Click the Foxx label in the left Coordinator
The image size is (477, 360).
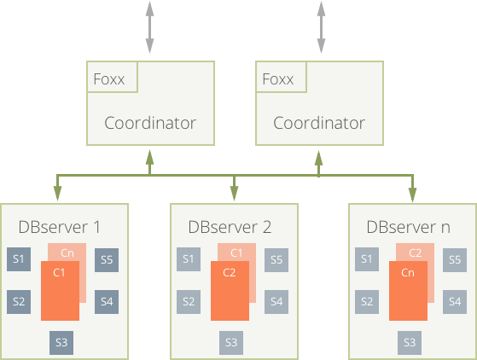click(109, 79)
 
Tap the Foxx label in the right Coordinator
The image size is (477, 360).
click(277, 79)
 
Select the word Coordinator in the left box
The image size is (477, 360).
click(150, 123)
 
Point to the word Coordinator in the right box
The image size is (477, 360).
click(319, 123)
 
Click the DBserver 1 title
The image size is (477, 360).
click(60, 227)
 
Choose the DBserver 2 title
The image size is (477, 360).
click(230, 227)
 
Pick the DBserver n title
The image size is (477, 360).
click(408, 227)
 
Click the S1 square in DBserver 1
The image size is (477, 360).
click(19, 259)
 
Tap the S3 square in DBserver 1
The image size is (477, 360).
click(61, 343)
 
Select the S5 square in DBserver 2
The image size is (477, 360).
click(276, 260)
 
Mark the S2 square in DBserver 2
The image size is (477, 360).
click(189, 302)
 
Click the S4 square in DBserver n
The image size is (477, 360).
click(455, 302)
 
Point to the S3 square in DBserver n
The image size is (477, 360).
click(410, 343)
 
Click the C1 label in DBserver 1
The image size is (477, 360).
click(59, 272)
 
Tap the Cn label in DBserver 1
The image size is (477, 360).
click(67, 253)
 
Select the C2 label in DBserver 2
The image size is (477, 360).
click(229, 272)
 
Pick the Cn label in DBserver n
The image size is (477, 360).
click(408, 272)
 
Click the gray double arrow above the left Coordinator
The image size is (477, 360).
click(149, 27)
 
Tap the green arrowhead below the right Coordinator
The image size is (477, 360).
click(318, 158)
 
